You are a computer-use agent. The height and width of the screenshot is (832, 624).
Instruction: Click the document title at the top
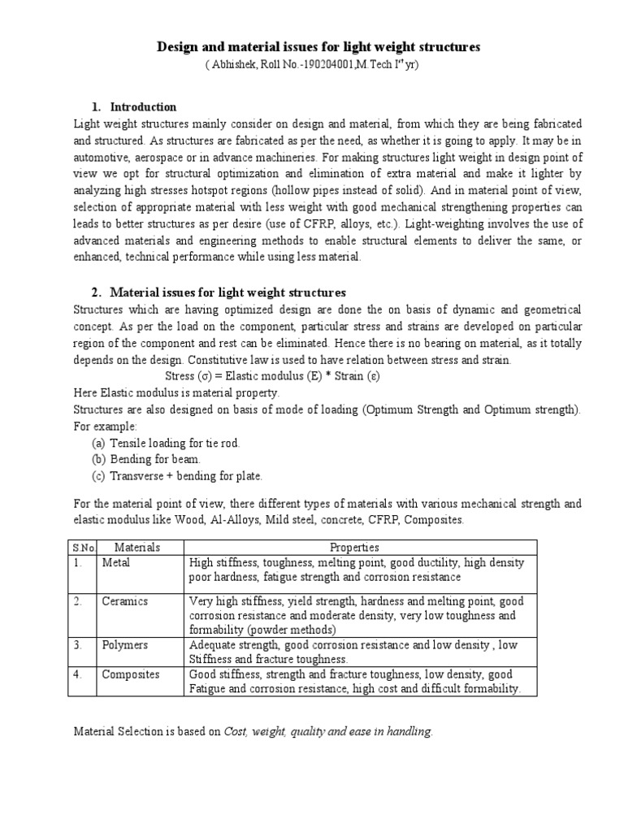pyautogui.click(x=318, y=48)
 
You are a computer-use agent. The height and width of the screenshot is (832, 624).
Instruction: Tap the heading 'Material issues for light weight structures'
pyautogui.click(x=227, y=292)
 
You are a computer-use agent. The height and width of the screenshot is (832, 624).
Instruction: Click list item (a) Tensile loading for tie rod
pyautogui.click(x=166, y=443)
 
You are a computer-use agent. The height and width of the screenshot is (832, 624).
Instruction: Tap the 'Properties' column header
pyautogui.click(x=354, y=548)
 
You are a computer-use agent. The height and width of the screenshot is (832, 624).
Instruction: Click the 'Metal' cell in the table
pyautogui.click(x=116, y=562)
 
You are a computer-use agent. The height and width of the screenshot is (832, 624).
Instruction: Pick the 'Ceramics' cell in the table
pyautogui.click(x=124, y=601)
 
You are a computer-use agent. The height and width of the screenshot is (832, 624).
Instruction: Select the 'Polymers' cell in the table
pyautogui.click(x=125, y=644)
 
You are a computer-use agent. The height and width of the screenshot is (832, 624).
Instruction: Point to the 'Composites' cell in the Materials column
pyautogui.click(x=130, y=674)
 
